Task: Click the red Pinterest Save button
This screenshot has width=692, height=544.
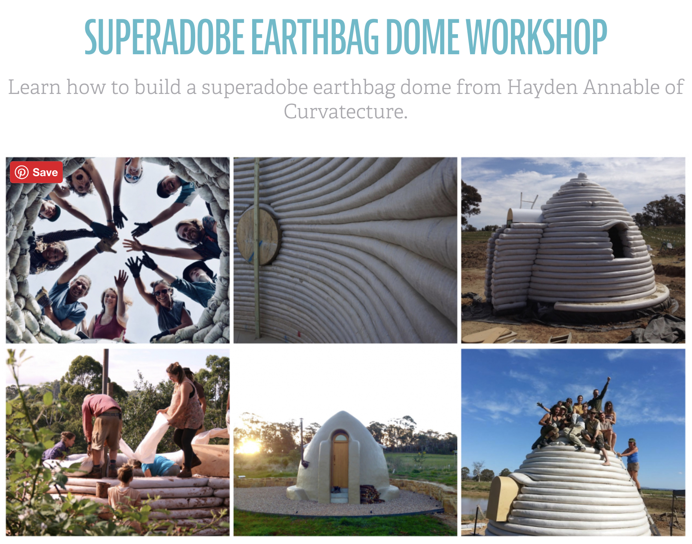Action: click(36, 172)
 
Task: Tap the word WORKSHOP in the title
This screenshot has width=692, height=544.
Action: click(538, 37)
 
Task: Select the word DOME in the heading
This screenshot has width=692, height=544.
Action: click(423, 37)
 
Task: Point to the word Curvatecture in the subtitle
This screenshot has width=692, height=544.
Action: click(346, 111)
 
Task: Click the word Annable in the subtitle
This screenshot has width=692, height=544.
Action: click(621, 87)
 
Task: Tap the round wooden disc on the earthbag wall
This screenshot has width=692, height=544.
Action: click(258, 236)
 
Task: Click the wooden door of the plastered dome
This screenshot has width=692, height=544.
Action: click(340, 466)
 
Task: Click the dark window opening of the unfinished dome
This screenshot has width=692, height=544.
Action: click(618, 240)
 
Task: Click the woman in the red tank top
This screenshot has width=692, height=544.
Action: click(109, 314)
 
